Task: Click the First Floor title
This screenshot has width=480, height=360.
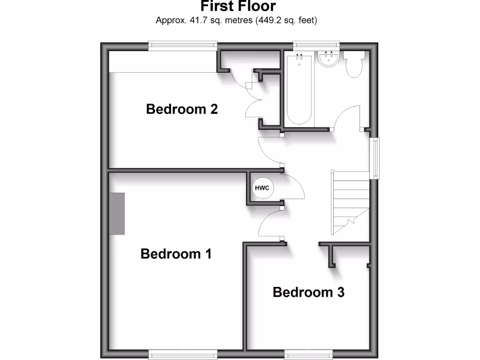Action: [x=238, y=7]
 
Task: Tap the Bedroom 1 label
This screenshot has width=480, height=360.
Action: [x=176, y=254]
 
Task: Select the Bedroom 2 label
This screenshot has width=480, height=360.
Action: [x=182, y=109]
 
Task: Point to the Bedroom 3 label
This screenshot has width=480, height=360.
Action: [x=308, y=292]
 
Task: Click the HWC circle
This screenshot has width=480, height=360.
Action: [x=262, y=188]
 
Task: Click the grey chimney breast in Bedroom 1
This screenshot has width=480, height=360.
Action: [x=118, y=213]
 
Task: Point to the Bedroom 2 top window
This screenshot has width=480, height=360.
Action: [x=183, y=45]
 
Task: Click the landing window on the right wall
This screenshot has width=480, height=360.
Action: [x=375, y=158]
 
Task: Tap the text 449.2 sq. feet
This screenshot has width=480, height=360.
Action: [x=286, y=21]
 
